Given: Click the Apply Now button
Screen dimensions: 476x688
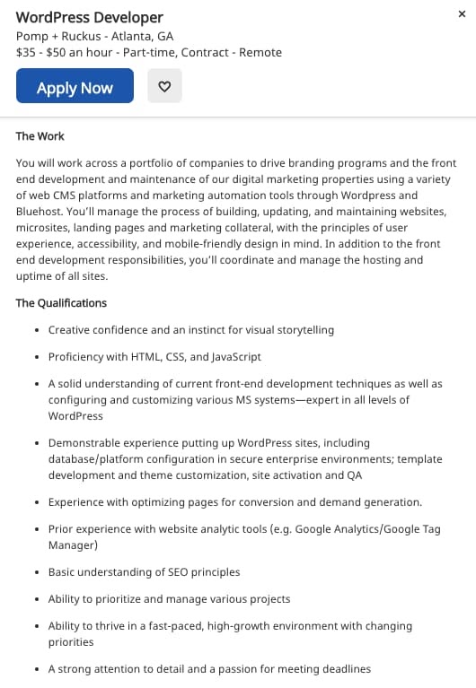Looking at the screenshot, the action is (x=75, y=87).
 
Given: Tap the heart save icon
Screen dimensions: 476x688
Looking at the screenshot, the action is (x=164, y=87).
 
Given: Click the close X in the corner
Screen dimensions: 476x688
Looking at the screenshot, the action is (x=462, y=14).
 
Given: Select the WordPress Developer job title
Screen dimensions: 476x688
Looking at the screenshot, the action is (x=90, y=17).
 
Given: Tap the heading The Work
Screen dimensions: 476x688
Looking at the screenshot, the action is (x=40, y=136).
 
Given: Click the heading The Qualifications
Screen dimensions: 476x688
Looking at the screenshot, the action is (x=61, y=302).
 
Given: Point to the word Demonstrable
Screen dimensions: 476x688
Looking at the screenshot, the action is (x=83, y=443).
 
